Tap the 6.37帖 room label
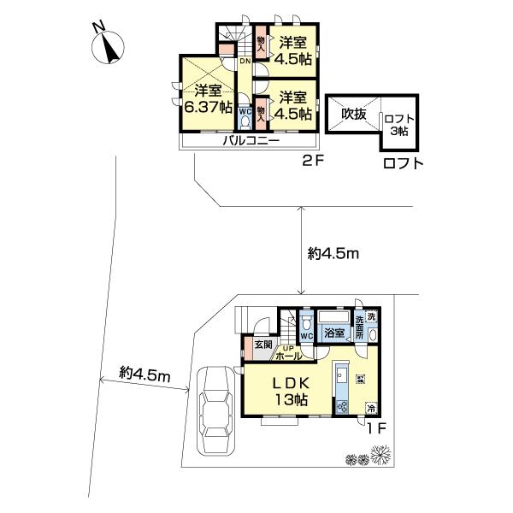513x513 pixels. (x=208, y=98)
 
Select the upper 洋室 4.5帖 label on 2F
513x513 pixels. (x=293, y=51)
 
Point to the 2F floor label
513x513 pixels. (x=310, y=161)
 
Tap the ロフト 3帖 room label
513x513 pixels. (x=396, y=125)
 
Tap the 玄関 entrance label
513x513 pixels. (x=262, y=345)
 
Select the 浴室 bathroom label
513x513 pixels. (x=334, y=332)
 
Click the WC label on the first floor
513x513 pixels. (x=306, y=335)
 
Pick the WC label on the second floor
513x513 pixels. (x=244, y=110)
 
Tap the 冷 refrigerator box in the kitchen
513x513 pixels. (x=370, y=409)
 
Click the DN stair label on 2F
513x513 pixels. (x=245, y=62)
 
